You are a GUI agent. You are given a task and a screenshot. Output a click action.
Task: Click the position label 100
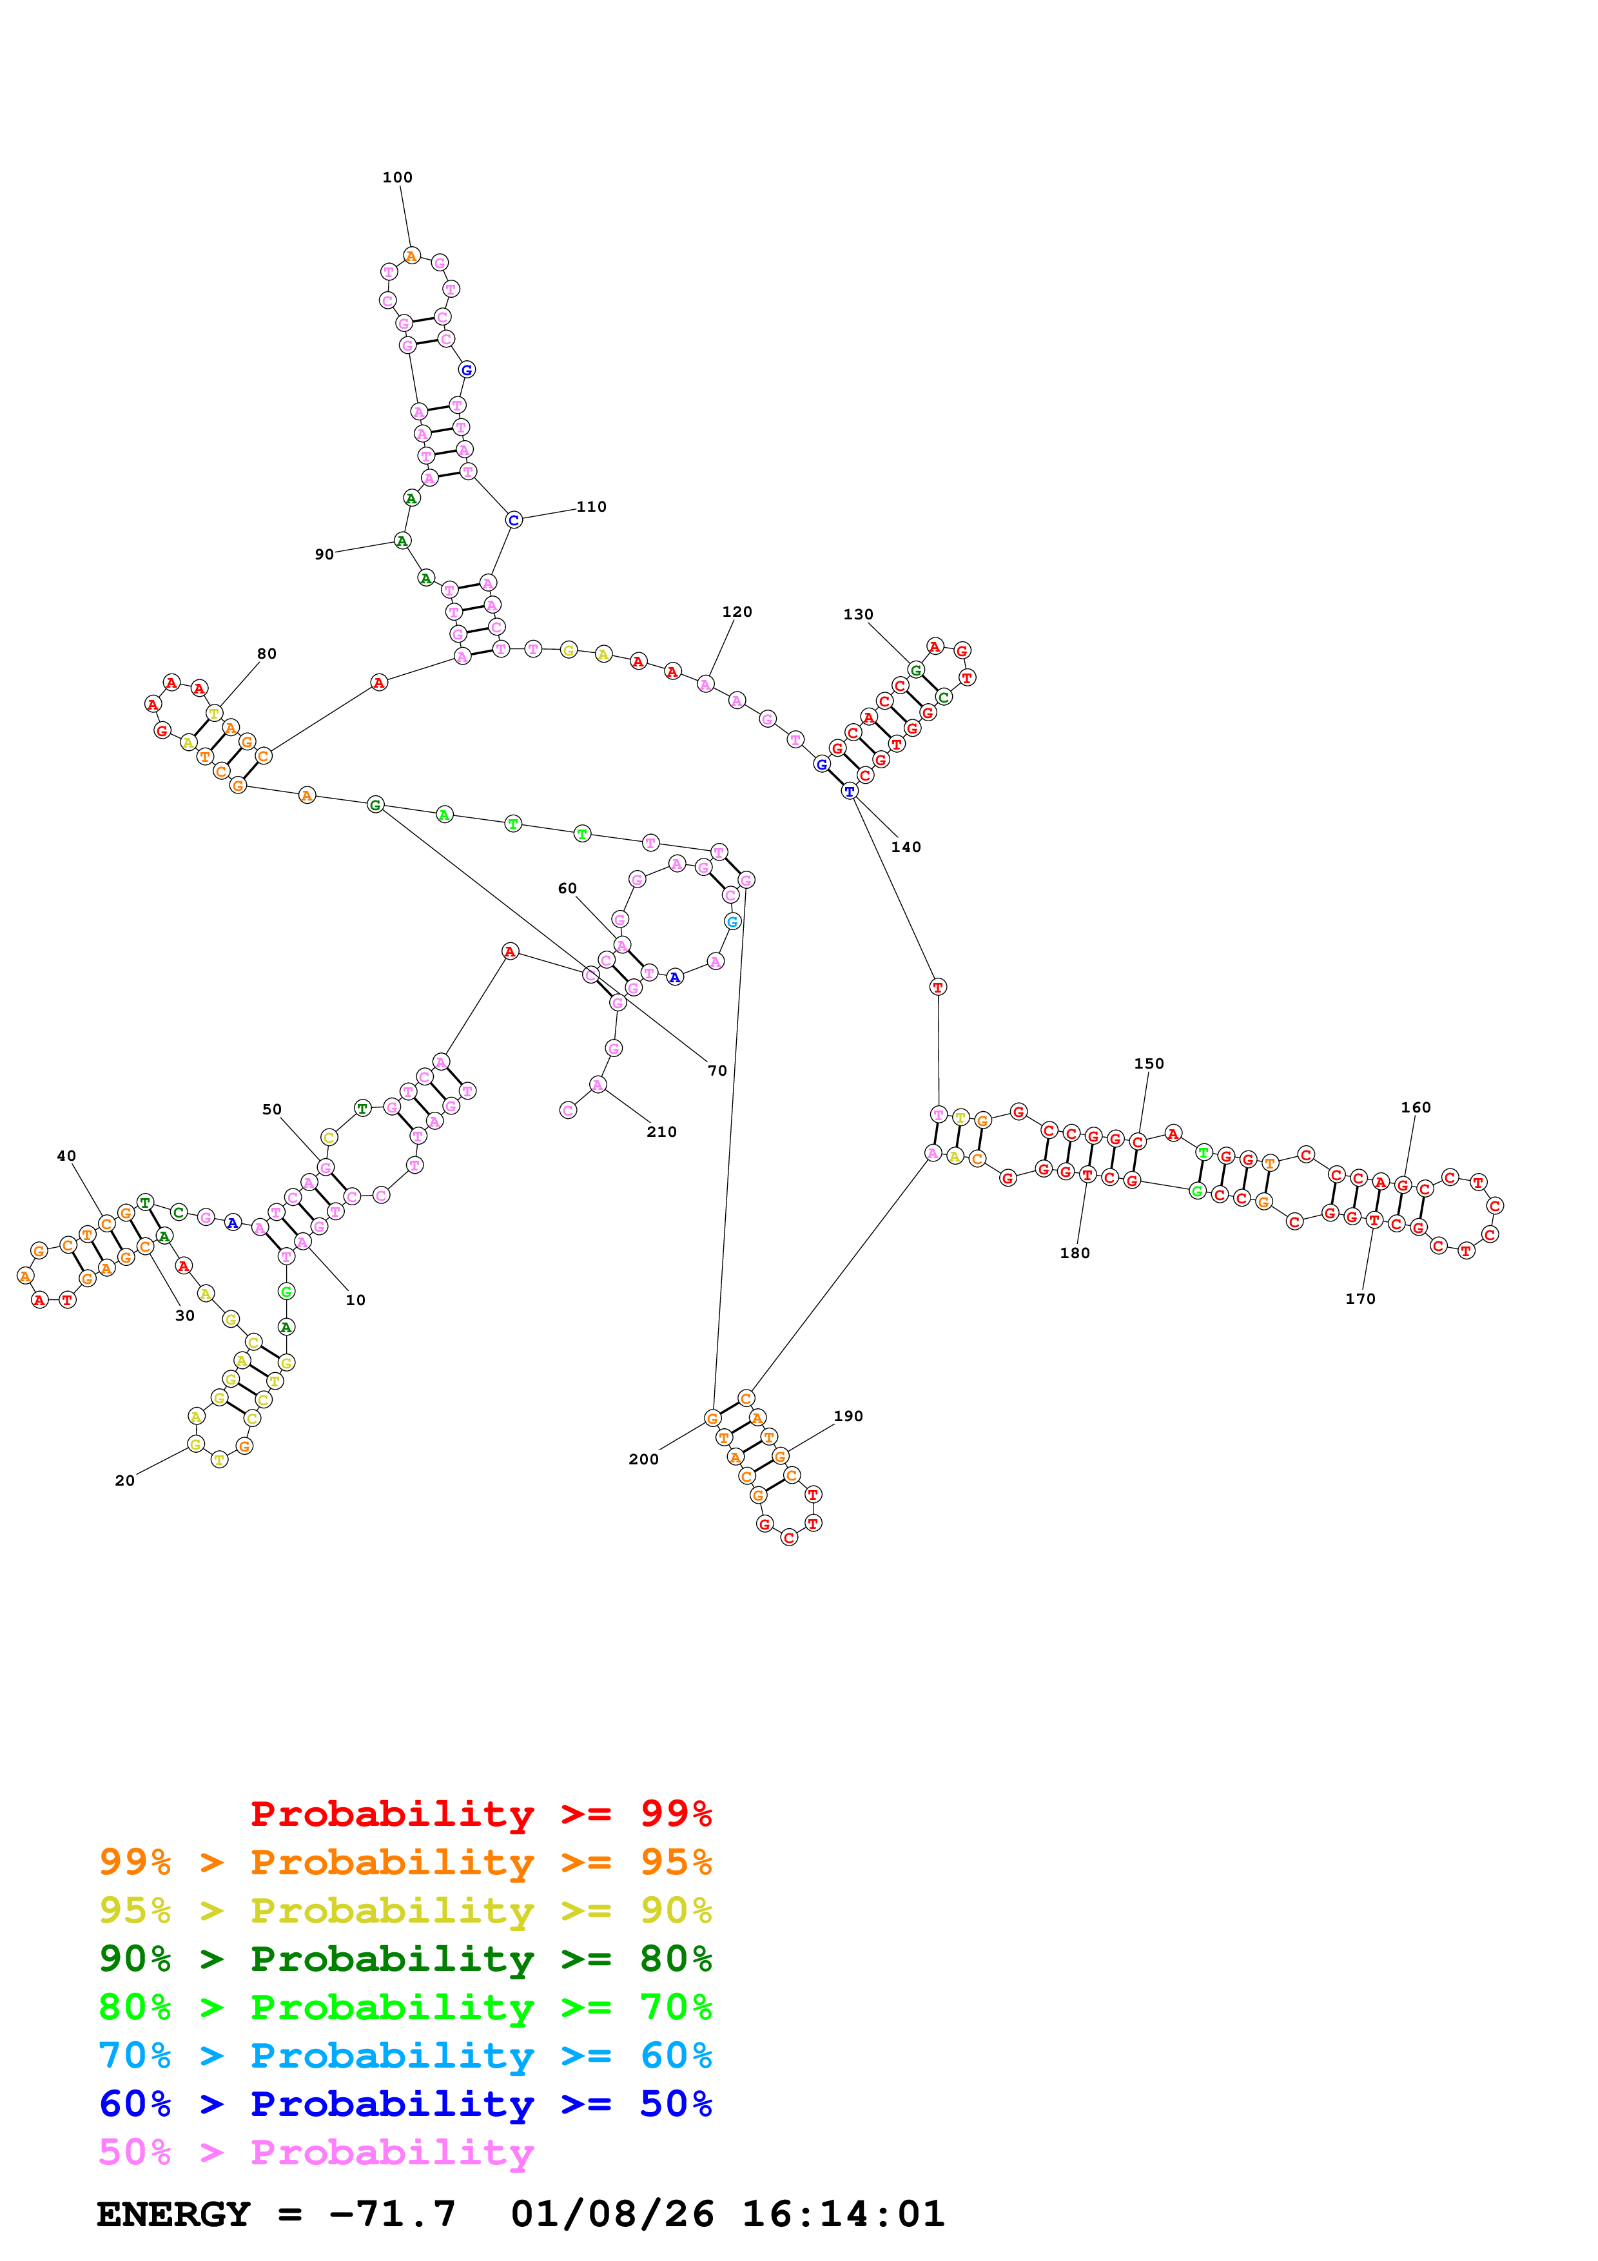click(397, 177)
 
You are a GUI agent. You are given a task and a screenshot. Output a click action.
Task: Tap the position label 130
click(857, 614)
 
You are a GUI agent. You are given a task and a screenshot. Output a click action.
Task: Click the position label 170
click(1359, 1298)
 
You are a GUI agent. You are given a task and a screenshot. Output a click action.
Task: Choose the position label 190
click(848, 1416)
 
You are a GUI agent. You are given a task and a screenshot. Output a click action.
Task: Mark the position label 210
click(661, 1132)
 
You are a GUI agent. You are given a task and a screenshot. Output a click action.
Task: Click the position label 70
click(717, 1071)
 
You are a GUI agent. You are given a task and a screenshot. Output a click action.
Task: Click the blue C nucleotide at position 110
click(513, 520)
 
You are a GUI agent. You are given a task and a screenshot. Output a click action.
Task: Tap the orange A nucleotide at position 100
click(411, 256)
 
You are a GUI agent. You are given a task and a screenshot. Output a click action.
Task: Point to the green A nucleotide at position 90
click(402, 541)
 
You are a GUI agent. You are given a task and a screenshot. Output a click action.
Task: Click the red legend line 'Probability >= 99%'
click(480, 1813)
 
